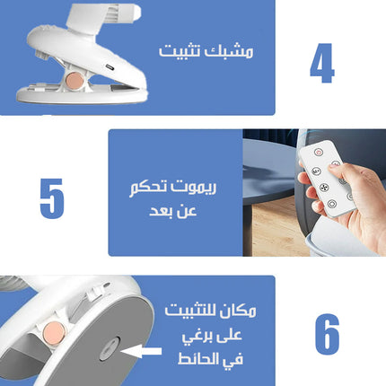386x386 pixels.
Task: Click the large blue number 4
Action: click(322, 63)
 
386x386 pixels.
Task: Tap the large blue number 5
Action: click(52, 198)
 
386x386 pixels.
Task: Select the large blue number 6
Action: click(328, 334)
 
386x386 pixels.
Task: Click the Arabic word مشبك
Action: click(229, 51)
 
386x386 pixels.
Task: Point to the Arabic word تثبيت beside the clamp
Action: click(180, 51)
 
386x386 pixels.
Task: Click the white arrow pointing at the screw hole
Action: click(141, 351)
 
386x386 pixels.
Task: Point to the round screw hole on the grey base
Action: click(110, 348)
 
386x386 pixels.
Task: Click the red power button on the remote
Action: click(319, 152)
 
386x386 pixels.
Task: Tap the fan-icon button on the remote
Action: click(324, 188)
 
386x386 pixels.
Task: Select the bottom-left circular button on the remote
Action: click(332, 204)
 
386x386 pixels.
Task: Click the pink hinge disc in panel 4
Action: click(75, 80)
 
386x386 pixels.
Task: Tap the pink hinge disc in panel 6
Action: click(55, 333)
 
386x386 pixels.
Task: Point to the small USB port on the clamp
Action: click(110, 66)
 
